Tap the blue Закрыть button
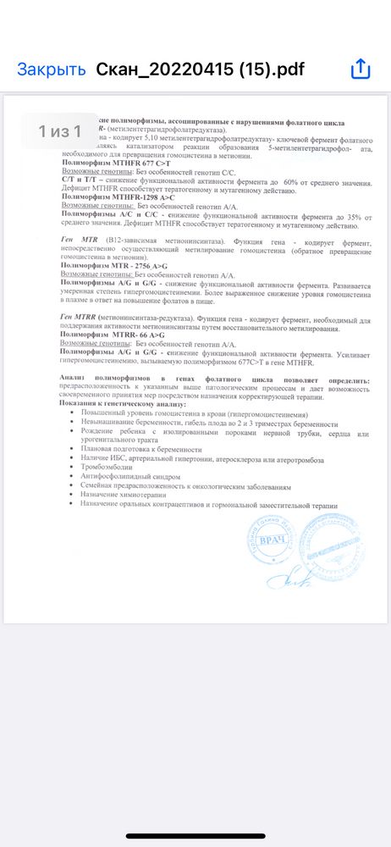[x=51, y=69]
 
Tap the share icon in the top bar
[x=361, y=69]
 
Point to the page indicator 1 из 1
[x=59, y=131]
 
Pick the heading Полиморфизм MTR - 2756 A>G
[x=109, y=264]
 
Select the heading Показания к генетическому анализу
[x=122, y=404]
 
